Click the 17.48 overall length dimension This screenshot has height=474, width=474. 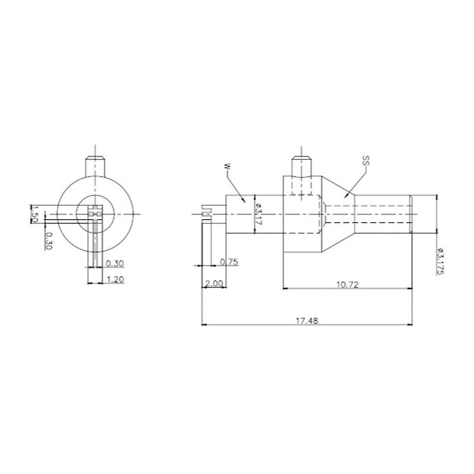307,321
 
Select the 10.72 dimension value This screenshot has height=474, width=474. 347,284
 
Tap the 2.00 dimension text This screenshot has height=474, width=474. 214,284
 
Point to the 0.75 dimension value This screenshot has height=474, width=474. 229,262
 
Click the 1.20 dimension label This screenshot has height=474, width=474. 115,280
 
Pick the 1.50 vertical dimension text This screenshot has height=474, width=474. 34,214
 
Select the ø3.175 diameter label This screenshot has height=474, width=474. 440,261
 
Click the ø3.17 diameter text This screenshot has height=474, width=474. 258,213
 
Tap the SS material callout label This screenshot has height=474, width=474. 366,161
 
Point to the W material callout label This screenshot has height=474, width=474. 228,167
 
